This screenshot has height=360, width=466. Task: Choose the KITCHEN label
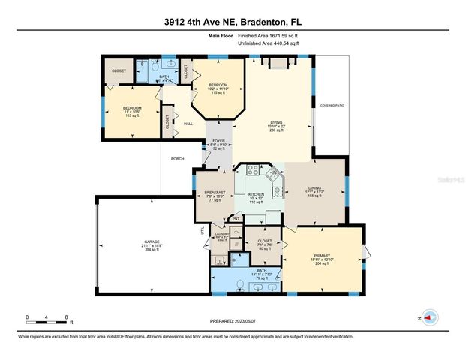click(x=257, y=194)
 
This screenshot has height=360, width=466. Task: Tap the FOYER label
click(x=219, y=141)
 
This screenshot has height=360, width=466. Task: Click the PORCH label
click(x=178, y=158)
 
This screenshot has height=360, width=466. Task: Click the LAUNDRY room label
click(x=221, y=235)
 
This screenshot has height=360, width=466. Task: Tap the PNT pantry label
click(x=235, y=219)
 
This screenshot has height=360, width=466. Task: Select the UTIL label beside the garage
click(x=203, y=231)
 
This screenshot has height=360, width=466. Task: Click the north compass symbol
click(x=428, y=318)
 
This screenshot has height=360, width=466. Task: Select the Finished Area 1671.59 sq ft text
click(x=268, y=35)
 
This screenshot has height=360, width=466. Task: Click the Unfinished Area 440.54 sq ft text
click(x=268, y=44)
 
